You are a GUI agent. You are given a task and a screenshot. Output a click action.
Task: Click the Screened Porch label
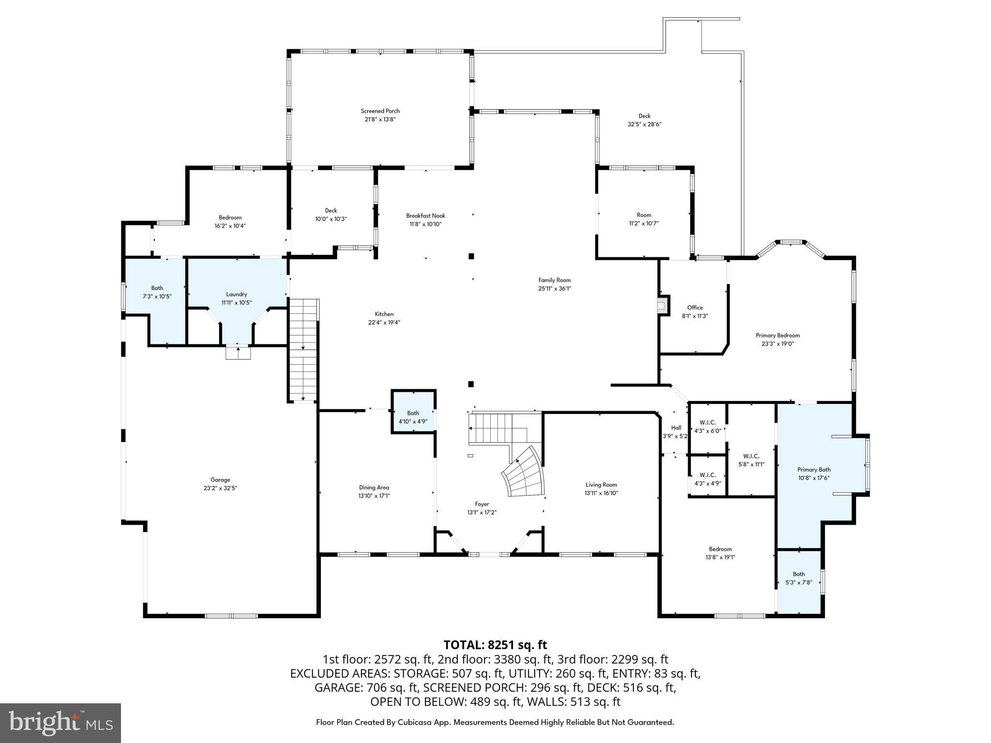(380, 111)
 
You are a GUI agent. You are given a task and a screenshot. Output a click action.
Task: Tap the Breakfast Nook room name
(425, 216)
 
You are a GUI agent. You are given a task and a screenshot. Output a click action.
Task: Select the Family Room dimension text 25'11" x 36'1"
(555, 288)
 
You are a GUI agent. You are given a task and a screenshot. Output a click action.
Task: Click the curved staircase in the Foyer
(525, 473)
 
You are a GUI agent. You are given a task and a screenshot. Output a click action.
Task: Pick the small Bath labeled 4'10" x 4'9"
(413, 416)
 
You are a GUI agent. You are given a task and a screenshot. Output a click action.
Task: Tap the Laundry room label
(237, 294)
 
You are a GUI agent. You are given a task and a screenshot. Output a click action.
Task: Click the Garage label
(220, 480)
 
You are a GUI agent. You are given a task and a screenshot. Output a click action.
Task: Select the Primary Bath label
(814, 469)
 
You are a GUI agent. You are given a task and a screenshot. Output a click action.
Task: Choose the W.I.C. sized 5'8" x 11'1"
(751, 460)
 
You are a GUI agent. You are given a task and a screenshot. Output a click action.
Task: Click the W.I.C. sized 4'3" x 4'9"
(707, 479)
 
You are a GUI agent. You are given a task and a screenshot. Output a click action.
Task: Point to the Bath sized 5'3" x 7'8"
(798, 578)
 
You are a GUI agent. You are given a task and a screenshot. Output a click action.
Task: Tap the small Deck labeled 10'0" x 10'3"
(331, 214)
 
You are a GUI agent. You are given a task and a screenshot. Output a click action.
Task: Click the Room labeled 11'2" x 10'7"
(644, 219)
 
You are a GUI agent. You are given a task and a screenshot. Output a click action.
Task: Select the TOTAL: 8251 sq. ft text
(495, 645)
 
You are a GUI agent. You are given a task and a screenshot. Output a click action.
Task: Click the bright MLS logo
(60, 723)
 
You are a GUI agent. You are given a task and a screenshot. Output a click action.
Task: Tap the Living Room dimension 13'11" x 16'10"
(601, 493)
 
